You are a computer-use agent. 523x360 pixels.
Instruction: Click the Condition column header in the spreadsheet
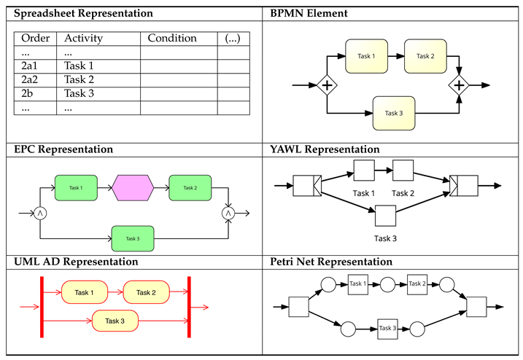pyautogui.click(x=172, y=38)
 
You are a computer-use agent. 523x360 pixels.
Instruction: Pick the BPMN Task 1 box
pyautogui.click(x=366, y=56)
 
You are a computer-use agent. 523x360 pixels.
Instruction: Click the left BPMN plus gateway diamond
pyautogui.click(x=327, y=86)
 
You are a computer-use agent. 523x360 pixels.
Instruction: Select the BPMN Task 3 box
pyautogui.click(x=394, y=113)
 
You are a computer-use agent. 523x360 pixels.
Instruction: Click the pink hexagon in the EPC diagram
pyautogui.click(x=133, y=188)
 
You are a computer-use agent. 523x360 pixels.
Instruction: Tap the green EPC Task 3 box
pyautogui.click(x=133, y=238)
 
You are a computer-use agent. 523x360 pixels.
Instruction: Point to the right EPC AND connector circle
pyautogui.click(x=228, y=213)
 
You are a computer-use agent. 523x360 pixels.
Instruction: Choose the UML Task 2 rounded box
pyautogui.click(x=146, y=293)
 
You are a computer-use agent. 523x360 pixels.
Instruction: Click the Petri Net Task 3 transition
pyautogui.click(x=389, y=329)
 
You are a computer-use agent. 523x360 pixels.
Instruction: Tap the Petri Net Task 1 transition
pyautogui.click(x=357, y=283)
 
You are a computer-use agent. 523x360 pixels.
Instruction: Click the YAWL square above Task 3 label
pyautogui.click(x=385, y=216)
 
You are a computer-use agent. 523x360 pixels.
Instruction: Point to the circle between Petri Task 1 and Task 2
pyautogui.click(x=387, y=285)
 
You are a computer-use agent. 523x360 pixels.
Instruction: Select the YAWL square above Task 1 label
pyautogui.click(x=364, y=171)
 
